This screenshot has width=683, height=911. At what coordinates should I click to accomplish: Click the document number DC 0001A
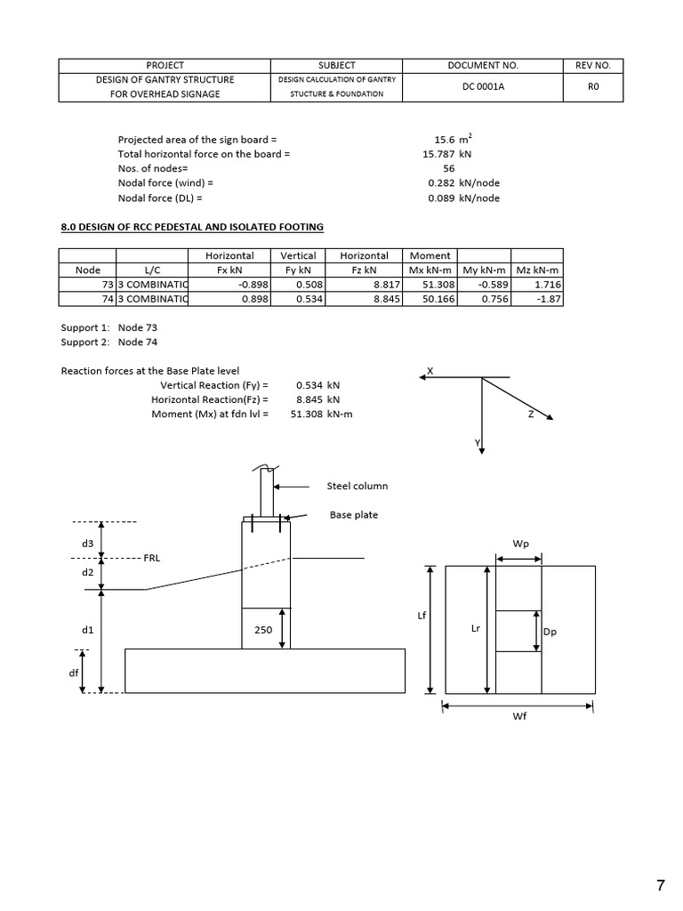[x=483, y=86]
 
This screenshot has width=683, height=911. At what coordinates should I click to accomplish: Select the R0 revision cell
[x=593, y=86]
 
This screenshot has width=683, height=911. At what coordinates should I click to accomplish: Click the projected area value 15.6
[x=443, y=140]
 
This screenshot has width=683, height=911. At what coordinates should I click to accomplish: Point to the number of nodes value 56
[x=448, y=168]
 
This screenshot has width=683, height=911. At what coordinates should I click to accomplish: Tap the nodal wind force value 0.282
[x=441, y=183]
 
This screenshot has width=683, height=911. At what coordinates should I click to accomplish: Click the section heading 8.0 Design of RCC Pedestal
[x=191, y=227]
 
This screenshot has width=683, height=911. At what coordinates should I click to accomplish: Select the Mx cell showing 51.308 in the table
[x=431, y=285]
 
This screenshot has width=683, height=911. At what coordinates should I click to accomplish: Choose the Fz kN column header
[x=364, y=270]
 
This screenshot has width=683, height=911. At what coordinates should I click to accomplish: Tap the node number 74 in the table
[x=108, y=299]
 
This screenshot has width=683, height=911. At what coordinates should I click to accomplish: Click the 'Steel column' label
[x=358, y=486]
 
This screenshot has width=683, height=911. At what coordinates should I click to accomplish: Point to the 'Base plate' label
[x=353, y=514]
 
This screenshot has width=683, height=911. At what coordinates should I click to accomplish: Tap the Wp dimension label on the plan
[x=520, y=543]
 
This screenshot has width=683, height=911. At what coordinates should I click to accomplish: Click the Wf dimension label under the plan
[x=519, y=717]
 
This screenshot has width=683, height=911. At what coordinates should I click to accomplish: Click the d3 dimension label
[x=87, y=543]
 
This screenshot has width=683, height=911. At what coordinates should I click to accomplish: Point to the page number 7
[x=660, y=884]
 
